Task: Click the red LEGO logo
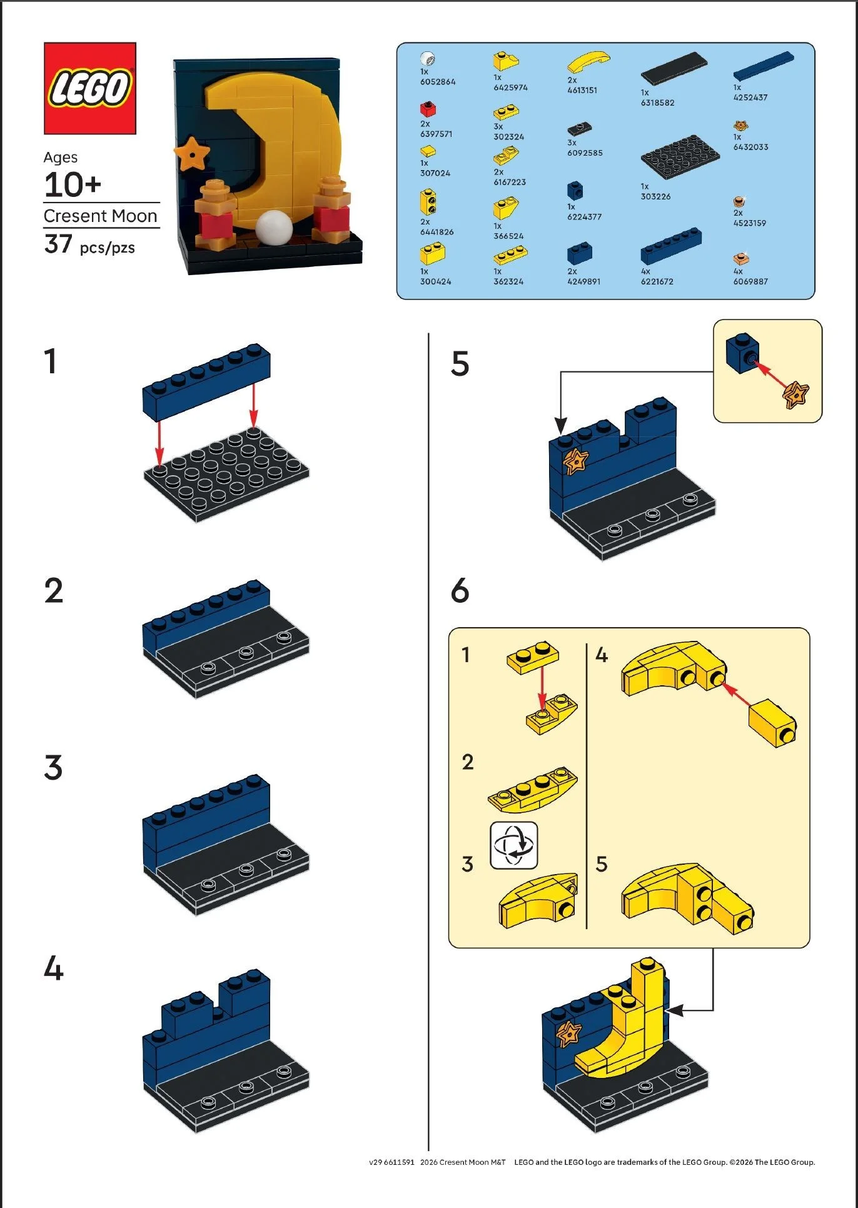coord(90,88)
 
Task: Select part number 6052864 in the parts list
coord(438,82)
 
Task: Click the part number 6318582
coord(657,103)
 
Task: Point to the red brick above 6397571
coord(428,109)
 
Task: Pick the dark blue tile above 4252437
coord(763,66)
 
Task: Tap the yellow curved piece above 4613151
coord(588,63)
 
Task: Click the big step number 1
coord(51,361)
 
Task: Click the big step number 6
coord(460,590)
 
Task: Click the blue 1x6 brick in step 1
coord(206,381)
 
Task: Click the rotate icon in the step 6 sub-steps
coord(513,845)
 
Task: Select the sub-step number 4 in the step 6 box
coord(601,655)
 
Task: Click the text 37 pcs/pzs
coord(89,244)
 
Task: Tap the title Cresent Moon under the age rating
coord(100,216)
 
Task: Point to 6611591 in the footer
coord(399,1162)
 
